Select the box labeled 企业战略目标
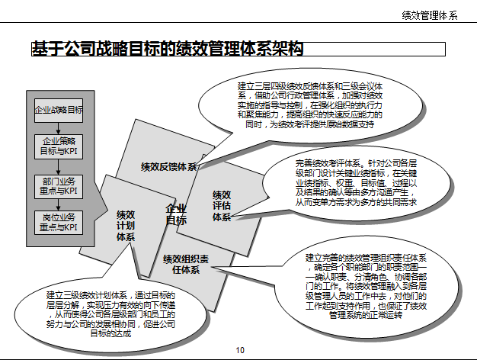pyautogui.click(x=59, y=110)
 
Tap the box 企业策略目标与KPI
pyautogui.click(x=59, y=146)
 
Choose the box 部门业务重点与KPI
pyautogui.click(x=59, y=186)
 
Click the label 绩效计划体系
pyautogui.click(x=126, y=226)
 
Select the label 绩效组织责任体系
pyautogui.click(x=185, y=265)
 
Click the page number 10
pyautogui.click(x=240, y=350)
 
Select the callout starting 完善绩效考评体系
pyautogui.click(x=355, y=183)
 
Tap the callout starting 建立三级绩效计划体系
pyautogui.click(x=111, y=313)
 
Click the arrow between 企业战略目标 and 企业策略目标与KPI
pyautogui.click(x=59, y=127)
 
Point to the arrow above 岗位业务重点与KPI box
pyautogui.click(x=59, y=205)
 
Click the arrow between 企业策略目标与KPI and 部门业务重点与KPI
pyautogui.click(x=59, y=167)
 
